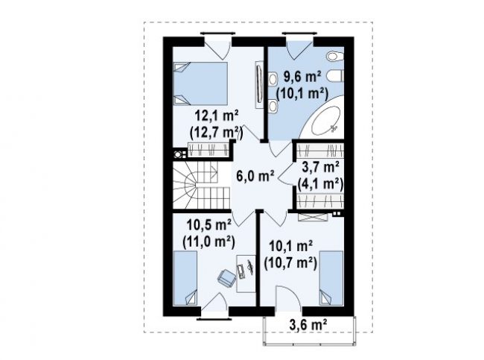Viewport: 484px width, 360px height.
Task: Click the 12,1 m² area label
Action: (217, 116)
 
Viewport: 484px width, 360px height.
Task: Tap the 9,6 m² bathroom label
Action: (302, 77)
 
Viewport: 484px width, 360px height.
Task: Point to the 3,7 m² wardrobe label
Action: (320, 168)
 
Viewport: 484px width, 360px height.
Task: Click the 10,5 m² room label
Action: (209, 225)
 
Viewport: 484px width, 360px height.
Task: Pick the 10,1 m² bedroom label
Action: (291, 247)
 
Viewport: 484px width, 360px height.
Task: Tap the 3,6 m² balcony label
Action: (308, 325)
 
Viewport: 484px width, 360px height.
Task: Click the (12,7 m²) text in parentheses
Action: (217, 133)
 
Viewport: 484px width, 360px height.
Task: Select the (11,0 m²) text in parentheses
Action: (209, 242)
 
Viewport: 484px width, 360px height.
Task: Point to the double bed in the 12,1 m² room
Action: (200, 83)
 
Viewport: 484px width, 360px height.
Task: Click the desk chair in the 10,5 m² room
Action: (226, 278)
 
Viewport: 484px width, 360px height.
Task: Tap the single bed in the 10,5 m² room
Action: (185, 278)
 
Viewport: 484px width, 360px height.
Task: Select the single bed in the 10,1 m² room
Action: (331, 278)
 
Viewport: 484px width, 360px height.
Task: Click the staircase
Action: (201, 185)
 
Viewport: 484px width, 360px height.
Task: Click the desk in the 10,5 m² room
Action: (246, 274)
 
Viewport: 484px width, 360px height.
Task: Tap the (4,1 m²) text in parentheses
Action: (320, 185)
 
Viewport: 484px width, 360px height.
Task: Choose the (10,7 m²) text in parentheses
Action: (290, 264)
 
